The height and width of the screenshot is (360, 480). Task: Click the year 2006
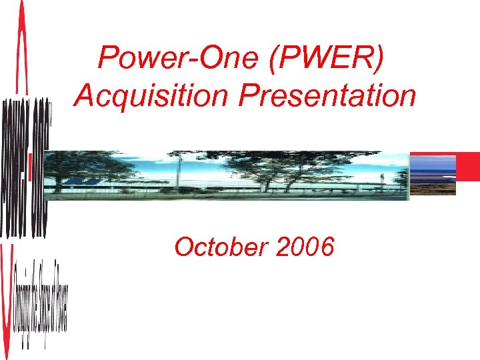pos(304,247)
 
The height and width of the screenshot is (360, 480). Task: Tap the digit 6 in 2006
pos(325,247)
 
